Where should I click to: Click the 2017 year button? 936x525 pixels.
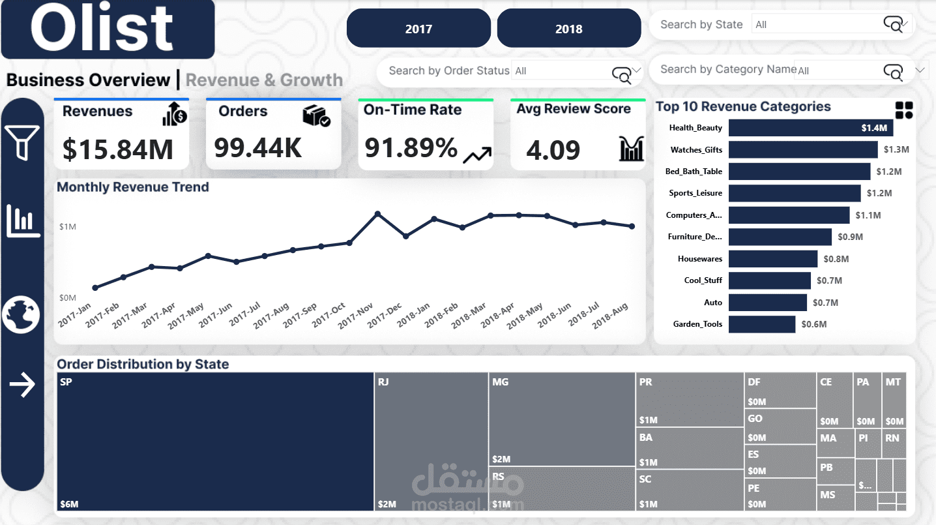pyautogui.click(x=418, y=29)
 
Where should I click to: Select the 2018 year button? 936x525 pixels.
pyautogui.click(x=569, y=29)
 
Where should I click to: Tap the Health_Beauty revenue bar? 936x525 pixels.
pyautogui.click(x=810, y=128)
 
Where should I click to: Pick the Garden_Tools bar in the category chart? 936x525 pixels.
pyautogui.click(x=762, y=324)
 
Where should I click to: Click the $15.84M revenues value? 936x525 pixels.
pyautogui.click(x=118, y=149)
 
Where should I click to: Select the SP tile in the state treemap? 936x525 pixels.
pyautogui.click(x=215, y=442)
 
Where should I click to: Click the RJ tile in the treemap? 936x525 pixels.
pyautogui.click(x=431, y=442)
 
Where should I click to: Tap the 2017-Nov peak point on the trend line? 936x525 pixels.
pyautogui.click(x=377, y=214)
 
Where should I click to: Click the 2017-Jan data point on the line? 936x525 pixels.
pyautogui.click(x=95, y=288)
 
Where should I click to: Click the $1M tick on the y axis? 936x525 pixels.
pyautogui.click(x=68, y=227)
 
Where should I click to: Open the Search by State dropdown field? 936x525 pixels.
pyautogui.click(x=831, y=25)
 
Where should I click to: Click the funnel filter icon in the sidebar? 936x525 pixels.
pyautogui.click(x=22, y=142)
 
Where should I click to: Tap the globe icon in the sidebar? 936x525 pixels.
pyautogui.click(x=22, y=314)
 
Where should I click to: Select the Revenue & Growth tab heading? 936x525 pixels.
pyautogui.click(x=264, y=80)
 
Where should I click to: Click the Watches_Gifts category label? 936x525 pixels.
pyautogui.click(x=696, y=150)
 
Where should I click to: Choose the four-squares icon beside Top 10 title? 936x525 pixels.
pyautogui.click(x=904, y=110)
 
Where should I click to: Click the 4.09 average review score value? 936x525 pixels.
pyautogui.click(x=553, y=150)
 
